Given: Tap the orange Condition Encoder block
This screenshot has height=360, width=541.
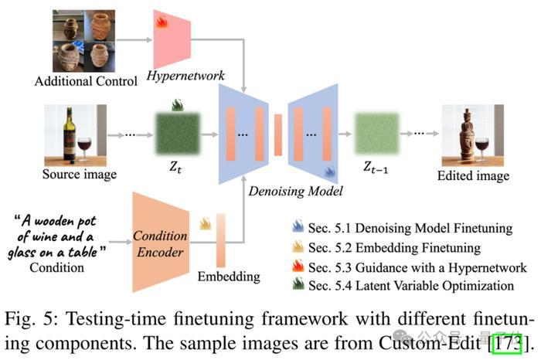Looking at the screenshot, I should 161,240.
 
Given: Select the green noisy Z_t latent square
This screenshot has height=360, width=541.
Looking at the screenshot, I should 177,136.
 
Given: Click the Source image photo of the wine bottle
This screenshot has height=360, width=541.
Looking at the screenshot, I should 75,134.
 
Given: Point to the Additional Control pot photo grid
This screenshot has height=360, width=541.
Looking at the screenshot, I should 83,39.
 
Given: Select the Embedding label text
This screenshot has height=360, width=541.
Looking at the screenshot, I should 224,277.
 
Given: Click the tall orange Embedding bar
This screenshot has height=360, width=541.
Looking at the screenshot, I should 222,239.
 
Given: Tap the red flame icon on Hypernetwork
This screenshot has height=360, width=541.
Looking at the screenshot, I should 162,23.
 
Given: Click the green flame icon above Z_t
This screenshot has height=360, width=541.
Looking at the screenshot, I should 177,104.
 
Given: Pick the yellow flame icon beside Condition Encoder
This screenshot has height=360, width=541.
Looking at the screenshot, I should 205,224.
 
